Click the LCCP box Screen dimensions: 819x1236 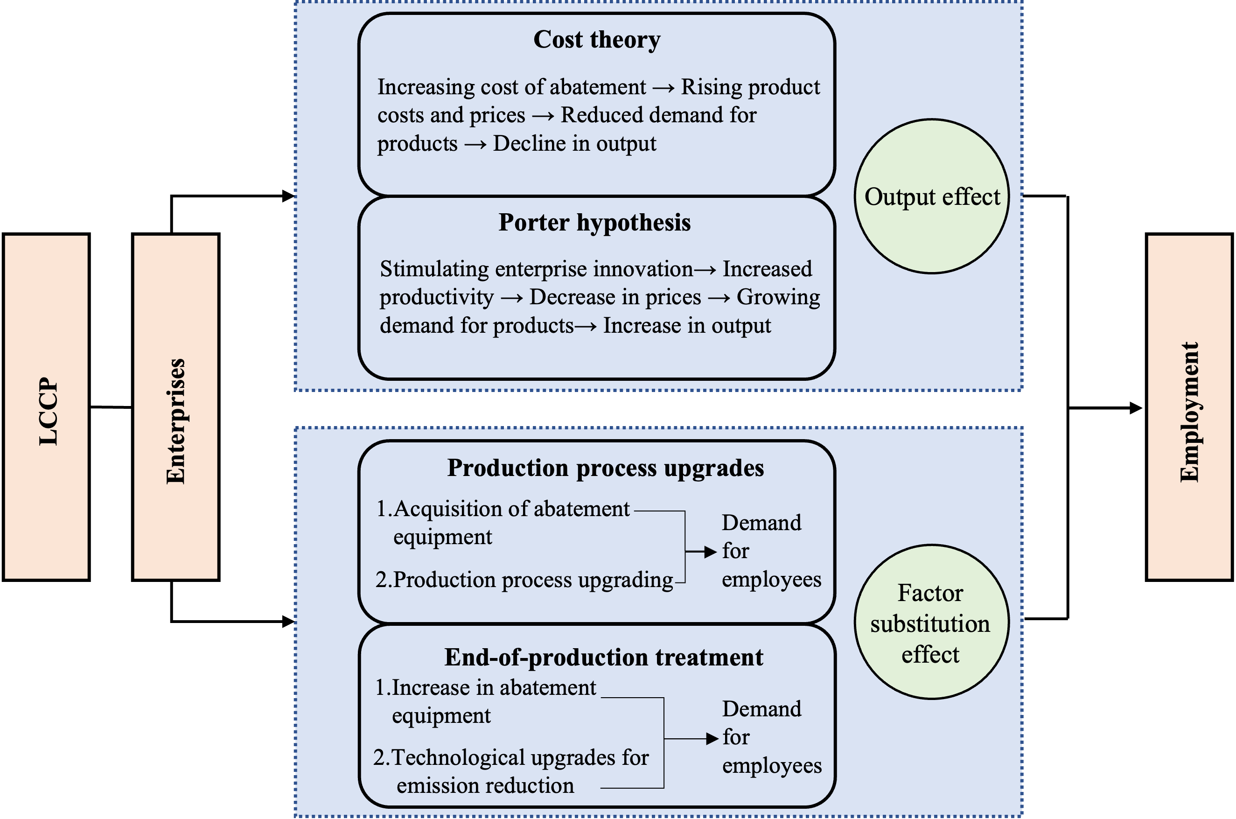coord(47,407)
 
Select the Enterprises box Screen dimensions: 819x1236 coord(175,407)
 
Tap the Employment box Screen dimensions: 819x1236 coord(1189,407)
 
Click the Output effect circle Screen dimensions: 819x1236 coord(932,196)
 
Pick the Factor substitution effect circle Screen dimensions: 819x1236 coord(932,622)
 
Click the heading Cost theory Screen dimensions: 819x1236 coord(596,40)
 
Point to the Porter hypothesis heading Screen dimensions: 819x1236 coord(594,223)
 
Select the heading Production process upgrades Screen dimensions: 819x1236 coord(605,468)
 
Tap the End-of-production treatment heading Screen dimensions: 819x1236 coord(604,657)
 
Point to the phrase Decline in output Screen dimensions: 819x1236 coord(574,144)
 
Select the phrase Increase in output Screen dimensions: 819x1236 coord(687,325)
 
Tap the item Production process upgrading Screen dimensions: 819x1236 coord(533,580)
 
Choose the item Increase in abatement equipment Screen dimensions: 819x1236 coord(494,688)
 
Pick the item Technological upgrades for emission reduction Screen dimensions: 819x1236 coord(520,758)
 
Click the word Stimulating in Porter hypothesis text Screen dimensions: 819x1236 coord(435,269)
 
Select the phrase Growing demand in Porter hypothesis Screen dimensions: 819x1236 coord(778,297)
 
